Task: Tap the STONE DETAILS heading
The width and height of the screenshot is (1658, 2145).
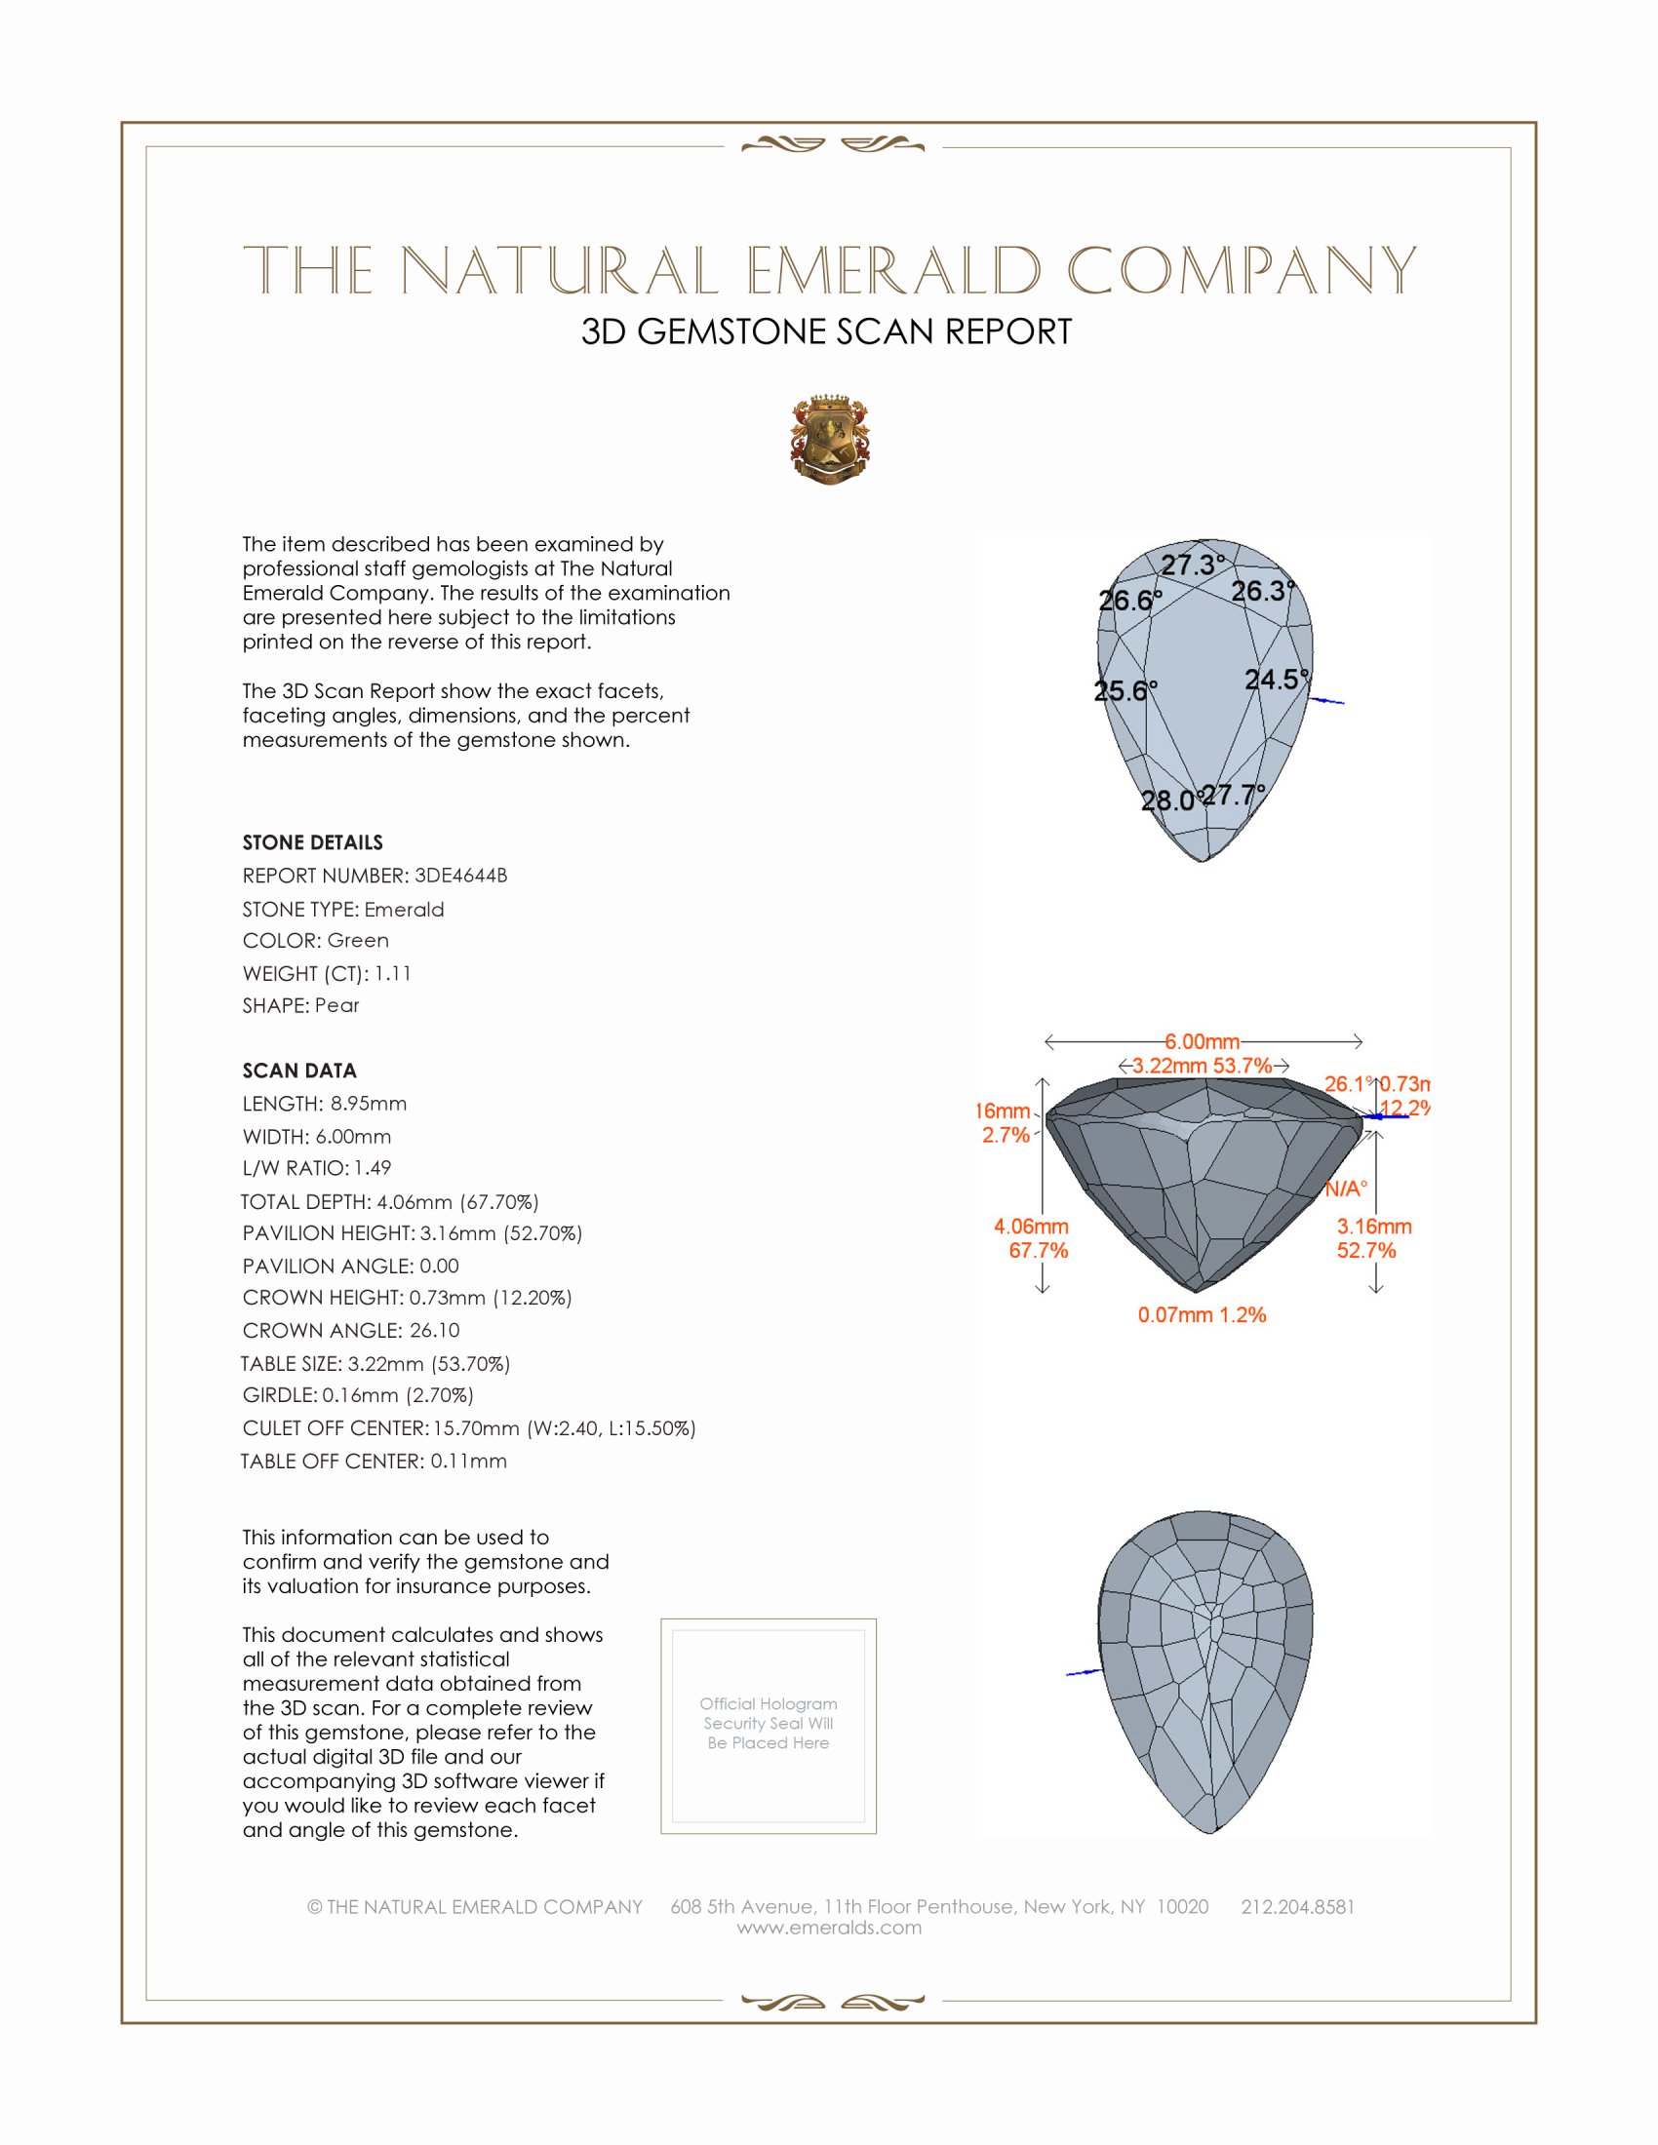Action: [312, 842]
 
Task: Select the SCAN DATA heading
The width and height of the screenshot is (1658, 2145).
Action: [299, 1071]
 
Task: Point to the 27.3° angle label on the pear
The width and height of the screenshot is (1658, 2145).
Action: [1193, 565]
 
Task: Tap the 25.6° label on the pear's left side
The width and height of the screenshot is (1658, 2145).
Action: [1125, 690]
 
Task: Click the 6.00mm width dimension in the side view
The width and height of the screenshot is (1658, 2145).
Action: [1203, 1041]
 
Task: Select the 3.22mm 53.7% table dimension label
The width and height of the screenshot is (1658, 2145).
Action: [1203, 1066]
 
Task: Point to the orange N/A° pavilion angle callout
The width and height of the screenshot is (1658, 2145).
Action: [1346, 1189]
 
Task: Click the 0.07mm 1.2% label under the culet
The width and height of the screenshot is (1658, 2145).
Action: [1202, 1315]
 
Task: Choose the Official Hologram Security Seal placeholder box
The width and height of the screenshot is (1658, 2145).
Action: [769, 1726]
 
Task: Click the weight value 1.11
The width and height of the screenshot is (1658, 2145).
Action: [393, 973]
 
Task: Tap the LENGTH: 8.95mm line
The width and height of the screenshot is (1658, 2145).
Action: [324, 1104]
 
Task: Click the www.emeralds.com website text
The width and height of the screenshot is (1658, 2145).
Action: [829, 1928]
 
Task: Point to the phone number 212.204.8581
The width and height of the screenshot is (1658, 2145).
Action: [1297, 1906]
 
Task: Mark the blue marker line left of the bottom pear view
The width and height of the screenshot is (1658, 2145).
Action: [1083, 1671]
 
